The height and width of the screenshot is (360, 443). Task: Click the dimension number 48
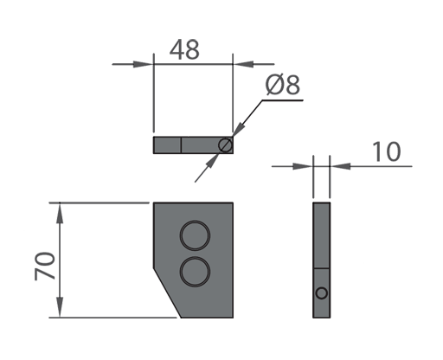tap(184, 49)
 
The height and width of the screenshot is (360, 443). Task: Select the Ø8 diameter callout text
tap(283, 85)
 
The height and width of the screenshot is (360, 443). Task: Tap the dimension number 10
tap(387, 151)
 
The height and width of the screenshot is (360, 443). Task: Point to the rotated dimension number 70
tap(45, 266)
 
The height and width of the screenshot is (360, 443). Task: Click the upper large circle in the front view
tap(195, 222)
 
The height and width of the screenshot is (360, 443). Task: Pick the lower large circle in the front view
tap(195, 257)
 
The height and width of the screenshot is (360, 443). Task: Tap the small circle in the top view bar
tap(225, 138)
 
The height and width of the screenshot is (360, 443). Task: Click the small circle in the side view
tap(322, 288)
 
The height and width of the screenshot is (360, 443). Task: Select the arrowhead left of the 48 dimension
tap(143, 64)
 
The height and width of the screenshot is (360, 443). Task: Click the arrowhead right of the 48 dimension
tap(243, 64)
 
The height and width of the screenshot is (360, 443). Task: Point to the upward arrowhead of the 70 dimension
tap(60, 213)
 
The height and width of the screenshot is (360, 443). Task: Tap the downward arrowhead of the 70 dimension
tap(60, 307)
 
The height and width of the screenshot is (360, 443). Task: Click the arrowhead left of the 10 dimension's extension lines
tap(303, 166)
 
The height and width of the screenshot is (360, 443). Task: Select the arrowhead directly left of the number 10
tap(340, 166)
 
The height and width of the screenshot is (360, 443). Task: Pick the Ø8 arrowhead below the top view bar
tap(213, 161)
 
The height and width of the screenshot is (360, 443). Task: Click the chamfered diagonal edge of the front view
tap(167, 292)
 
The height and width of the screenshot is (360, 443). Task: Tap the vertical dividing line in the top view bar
tap(181, 145)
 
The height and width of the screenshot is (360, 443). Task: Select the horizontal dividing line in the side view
tap(322, 268)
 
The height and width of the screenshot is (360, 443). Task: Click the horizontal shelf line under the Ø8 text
tap(283, 100)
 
